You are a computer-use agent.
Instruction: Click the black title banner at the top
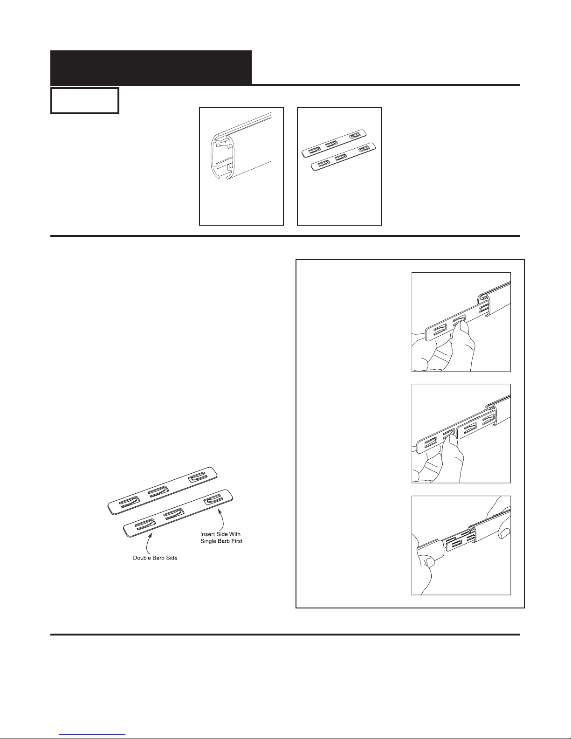[x=151, y=68]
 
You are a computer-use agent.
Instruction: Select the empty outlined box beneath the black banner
[x=85, y=101]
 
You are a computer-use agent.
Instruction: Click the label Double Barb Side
[x=155, y=558]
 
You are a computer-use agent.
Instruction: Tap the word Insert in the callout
[x=208, y=534]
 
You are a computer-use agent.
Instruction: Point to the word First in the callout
[x=236, y=541]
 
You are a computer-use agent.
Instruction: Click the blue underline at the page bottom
[x=92, y=735]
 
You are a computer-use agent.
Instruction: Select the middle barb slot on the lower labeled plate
[x=174, y=515]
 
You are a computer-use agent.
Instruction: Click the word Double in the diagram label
[x=142, y=558]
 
